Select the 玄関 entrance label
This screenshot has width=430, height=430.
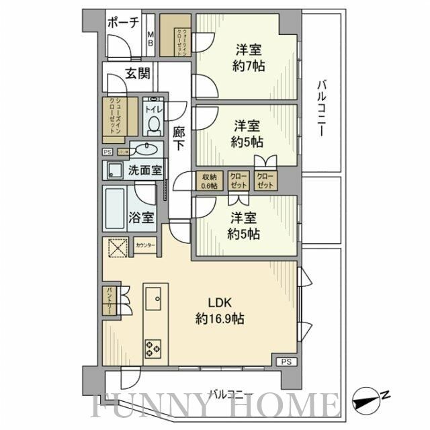(x=136, y=74)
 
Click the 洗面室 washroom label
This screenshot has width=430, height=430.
(x=144, y=171)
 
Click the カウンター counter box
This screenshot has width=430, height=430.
(x=145, y=245)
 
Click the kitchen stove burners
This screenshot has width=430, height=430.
(x=153, y=347)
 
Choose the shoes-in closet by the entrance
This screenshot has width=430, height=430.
(x=118, y=118)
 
